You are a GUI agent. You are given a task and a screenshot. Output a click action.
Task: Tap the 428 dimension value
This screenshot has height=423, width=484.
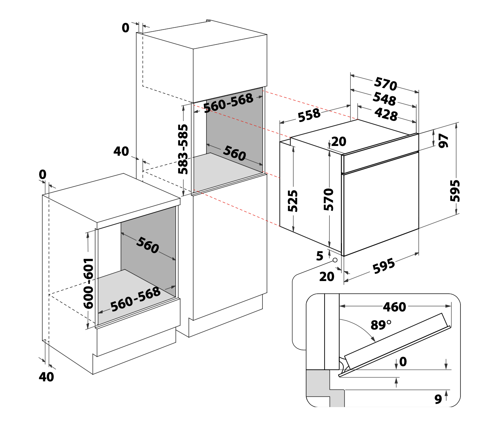tap(386, 114)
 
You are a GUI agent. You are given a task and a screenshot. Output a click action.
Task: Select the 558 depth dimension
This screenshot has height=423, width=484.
tap(309, 115)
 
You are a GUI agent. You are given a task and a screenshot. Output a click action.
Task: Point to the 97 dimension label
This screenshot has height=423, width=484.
tap(443, 141)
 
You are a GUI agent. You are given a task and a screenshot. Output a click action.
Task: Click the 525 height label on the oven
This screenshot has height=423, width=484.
tap(293, 201)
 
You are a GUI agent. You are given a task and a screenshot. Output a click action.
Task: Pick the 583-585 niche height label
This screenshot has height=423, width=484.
tap(183, 149)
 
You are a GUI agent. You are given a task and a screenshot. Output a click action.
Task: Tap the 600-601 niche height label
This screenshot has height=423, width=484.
tap(88, 283)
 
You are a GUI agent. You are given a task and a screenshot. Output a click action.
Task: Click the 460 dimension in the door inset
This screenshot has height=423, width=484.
tap(395, 307)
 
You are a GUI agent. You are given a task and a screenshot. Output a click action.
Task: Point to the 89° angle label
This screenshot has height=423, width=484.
tap(381, 325)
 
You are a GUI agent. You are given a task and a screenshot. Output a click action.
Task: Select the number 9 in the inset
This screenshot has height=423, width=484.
tap(438, 399)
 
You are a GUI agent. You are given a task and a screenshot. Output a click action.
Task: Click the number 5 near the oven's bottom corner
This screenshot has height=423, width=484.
tap(319, 256)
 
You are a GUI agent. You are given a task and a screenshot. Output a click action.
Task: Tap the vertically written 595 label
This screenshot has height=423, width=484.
tap(455, 190)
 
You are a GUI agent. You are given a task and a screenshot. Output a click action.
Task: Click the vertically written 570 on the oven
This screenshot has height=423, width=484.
tap(328, 199)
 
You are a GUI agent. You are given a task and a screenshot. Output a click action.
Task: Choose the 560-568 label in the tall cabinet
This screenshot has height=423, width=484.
tap(228, 103)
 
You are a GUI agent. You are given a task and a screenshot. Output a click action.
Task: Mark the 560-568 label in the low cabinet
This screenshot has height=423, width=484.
tap(135, 299)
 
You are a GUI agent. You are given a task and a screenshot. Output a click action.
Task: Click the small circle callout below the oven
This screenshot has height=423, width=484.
tap(335, 260)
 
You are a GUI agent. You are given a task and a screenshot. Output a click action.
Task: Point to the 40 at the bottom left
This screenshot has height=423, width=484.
tap(46, 377)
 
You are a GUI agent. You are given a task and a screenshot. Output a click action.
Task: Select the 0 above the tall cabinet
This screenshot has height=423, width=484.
tap(125, 28)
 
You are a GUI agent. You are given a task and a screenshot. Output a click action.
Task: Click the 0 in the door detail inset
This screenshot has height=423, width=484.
tap(403, 361)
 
